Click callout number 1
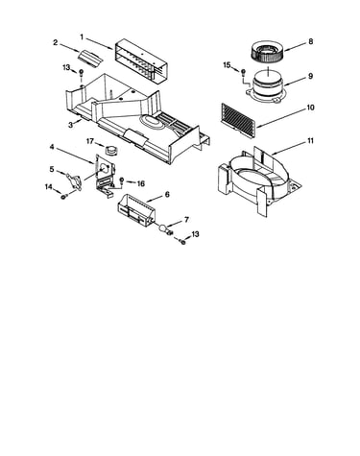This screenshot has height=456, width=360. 82,37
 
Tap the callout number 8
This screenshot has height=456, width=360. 310,41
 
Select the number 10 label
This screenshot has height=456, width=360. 310,108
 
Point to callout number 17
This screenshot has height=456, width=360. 90,141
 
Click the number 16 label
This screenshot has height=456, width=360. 140,183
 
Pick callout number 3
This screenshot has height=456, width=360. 71,125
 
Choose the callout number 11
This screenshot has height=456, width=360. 310,141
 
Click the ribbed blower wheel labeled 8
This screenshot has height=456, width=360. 266,53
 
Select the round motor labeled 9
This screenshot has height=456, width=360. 266,87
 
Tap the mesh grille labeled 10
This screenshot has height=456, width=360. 238,120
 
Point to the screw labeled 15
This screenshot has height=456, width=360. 243,72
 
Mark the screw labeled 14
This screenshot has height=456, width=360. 63,197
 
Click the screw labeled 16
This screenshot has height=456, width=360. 122,180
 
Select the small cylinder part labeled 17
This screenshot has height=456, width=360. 110,150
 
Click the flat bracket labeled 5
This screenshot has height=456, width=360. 74,181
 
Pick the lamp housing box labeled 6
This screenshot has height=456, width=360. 135,211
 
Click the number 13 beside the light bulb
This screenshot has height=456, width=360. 195,234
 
